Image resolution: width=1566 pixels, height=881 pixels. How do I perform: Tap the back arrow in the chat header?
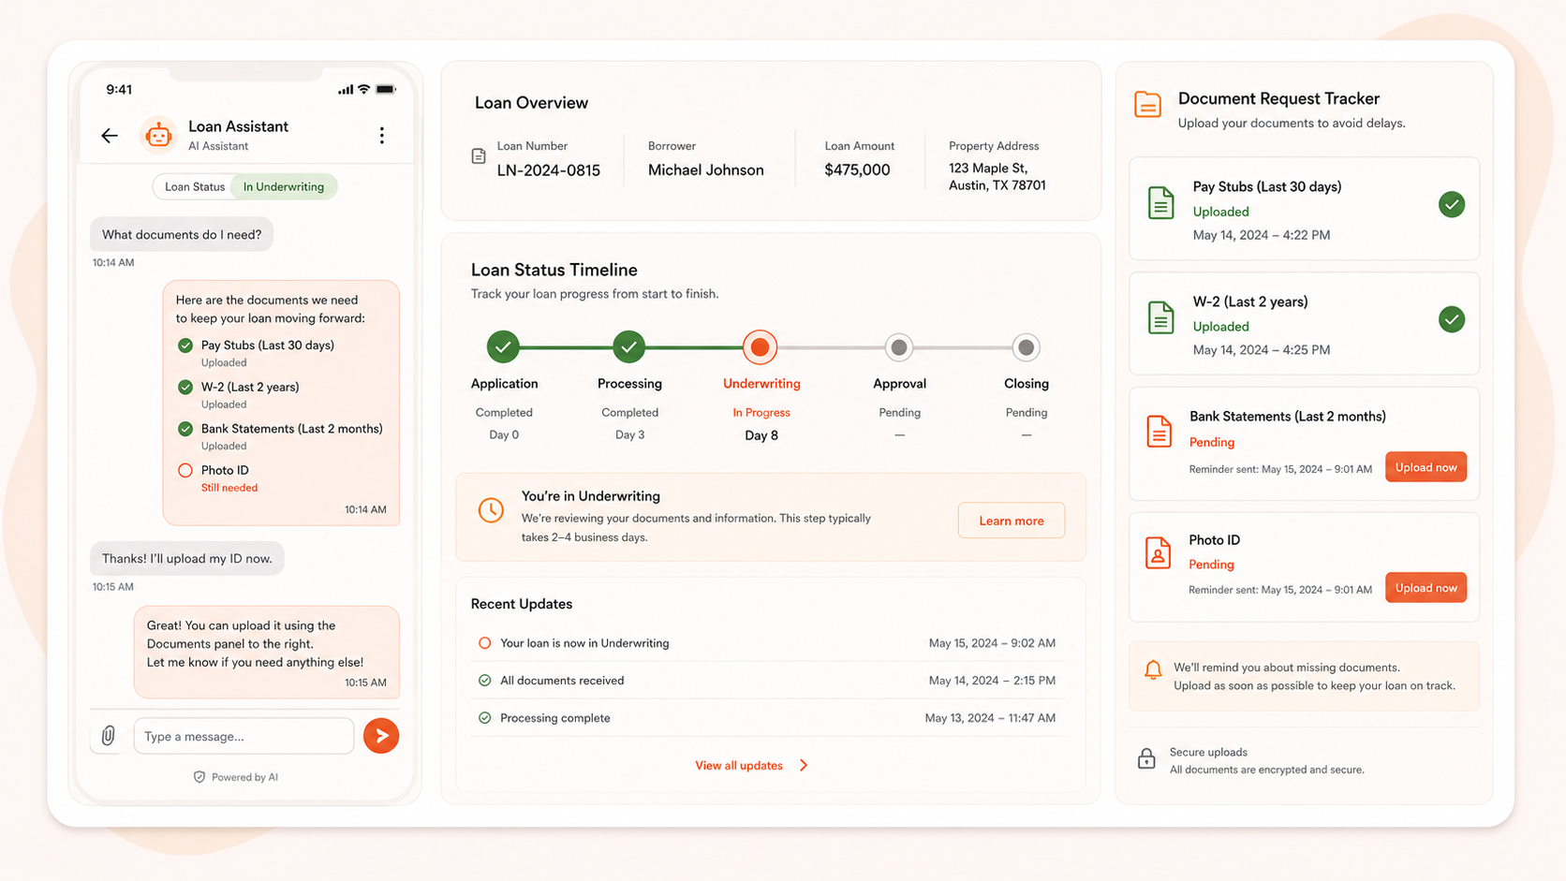click(109, 136)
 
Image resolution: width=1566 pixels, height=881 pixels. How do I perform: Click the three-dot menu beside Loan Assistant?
click(382, 136)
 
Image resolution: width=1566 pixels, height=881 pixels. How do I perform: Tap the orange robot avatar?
click(158, 135)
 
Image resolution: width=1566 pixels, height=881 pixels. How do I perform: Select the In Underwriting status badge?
click(283, 186)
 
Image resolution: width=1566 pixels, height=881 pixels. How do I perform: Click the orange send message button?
click(381, 736)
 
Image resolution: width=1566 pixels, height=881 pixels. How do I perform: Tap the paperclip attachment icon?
click(109, 736)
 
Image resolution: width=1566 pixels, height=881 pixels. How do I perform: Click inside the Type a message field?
click(244, 737)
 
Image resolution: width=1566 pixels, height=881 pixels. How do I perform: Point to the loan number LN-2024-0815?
click(548, 170)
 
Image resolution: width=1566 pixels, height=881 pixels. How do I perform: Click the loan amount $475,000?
click(857, 169)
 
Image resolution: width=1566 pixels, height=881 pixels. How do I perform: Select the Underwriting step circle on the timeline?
click(760, 347)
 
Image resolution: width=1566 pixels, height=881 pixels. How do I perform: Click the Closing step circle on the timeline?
click(1026, 347)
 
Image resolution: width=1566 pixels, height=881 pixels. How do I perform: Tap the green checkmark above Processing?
click(628, 346)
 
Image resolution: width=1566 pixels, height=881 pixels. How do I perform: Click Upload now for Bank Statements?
click(1426, 467)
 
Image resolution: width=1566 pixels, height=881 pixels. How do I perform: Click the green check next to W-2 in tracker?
click(1452, 319)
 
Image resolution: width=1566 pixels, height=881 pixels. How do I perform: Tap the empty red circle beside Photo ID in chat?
click(185, 470)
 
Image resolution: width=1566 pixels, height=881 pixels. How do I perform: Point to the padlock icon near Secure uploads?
click(1146, 758)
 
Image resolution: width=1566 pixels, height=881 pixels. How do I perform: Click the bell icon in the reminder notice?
click(1153, 670)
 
